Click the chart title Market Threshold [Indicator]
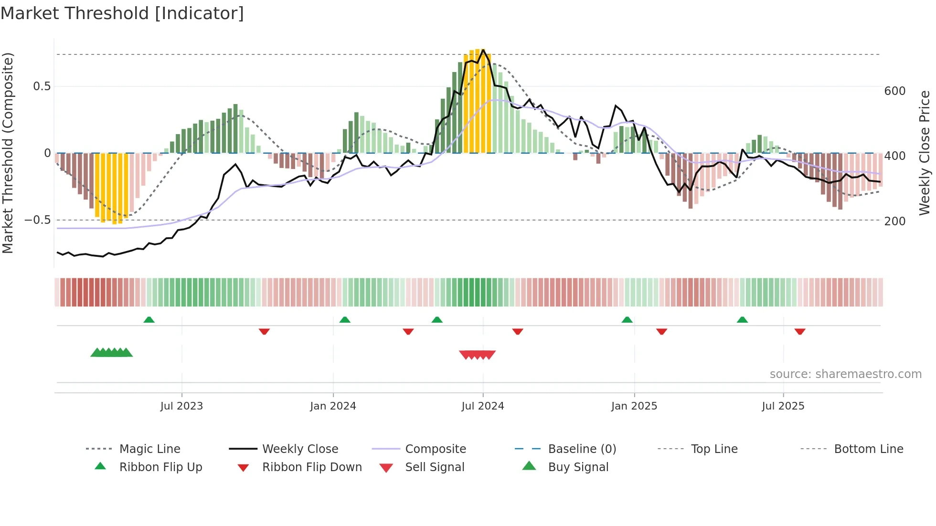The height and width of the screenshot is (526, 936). [x=122, y=13]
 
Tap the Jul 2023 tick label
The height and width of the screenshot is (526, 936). [x=181, y=406]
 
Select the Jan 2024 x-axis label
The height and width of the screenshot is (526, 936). [x=333, y=406]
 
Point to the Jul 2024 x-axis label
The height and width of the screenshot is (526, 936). [x=483, y=406]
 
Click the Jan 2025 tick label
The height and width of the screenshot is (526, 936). [x=634, y=406]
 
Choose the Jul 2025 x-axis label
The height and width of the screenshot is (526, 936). [x=783, y=406]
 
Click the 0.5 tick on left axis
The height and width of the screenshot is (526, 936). [x=42, y=86]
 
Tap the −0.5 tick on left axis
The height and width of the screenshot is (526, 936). [x=38, y=220]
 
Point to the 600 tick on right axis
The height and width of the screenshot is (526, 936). [x=895, y=91]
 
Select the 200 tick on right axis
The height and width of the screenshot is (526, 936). [x=895, y=221]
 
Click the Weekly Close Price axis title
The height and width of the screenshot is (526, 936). [x=925, y=153]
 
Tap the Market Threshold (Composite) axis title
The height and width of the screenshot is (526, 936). [x=8, y=153]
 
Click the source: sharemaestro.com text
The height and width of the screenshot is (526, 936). [x=845, y=374]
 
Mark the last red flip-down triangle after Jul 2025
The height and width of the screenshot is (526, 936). [x=800, y=332]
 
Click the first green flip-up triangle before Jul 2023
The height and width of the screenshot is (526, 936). [x=149, y=320]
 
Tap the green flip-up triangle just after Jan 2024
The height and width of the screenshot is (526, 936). [x=345, y=320]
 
